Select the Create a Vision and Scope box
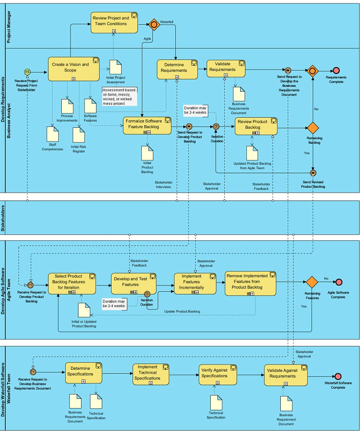(74, 68)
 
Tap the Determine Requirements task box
(177, 69)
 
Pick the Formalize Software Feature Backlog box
(147, 125)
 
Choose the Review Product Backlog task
(256, 126)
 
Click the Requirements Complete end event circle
(336, 70)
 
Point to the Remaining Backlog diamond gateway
(313, 128)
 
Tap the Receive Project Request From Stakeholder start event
(27, 72)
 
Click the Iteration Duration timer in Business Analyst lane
(216, 126)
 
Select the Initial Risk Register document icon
(78, 135)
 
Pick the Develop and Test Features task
(134, 283)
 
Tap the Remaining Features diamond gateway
(312, 282)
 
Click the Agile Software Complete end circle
(338, 283)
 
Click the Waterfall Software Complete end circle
(338, 376)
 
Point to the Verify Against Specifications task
(217, 374)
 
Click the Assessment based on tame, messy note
(119, 96)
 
